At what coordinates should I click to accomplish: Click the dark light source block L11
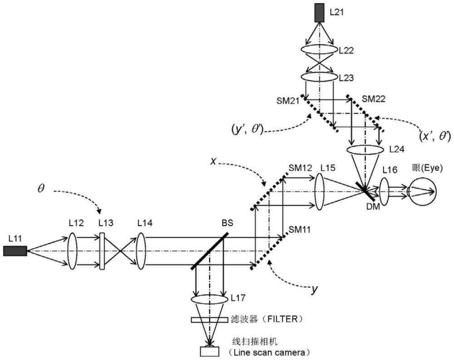[x=15, y=251]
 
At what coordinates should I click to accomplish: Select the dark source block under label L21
[x=320, y=12]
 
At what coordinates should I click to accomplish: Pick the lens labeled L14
[x=141, y=251]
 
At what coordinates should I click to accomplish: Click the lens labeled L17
[x=209, y=300]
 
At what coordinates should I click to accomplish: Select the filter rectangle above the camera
[x=209, y=320]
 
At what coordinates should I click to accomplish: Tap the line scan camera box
[x=209, y=351]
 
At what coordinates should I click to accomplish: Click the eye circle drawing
[x=422, y=191]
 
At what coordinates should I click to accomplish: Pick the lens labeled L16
[x=384, y=192]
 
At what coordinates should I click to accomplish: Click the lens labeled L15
[x=319, y=192]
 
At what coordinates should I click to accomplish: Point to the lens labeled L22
[x=319, y=49]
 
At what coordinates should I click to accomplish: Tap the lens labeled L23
[x=319, y=77]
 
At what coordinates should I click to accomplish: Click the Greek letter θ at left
[x=41, y=189]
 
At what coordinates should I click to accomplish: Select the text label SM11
[x=299, y=230]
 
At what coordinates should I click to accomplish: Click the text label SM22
[x=374, y=99]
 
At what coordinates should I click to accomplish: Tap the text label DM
[x=373, y=207]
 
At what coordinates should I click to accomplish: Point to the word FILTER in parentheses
[x=286, y=319]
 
